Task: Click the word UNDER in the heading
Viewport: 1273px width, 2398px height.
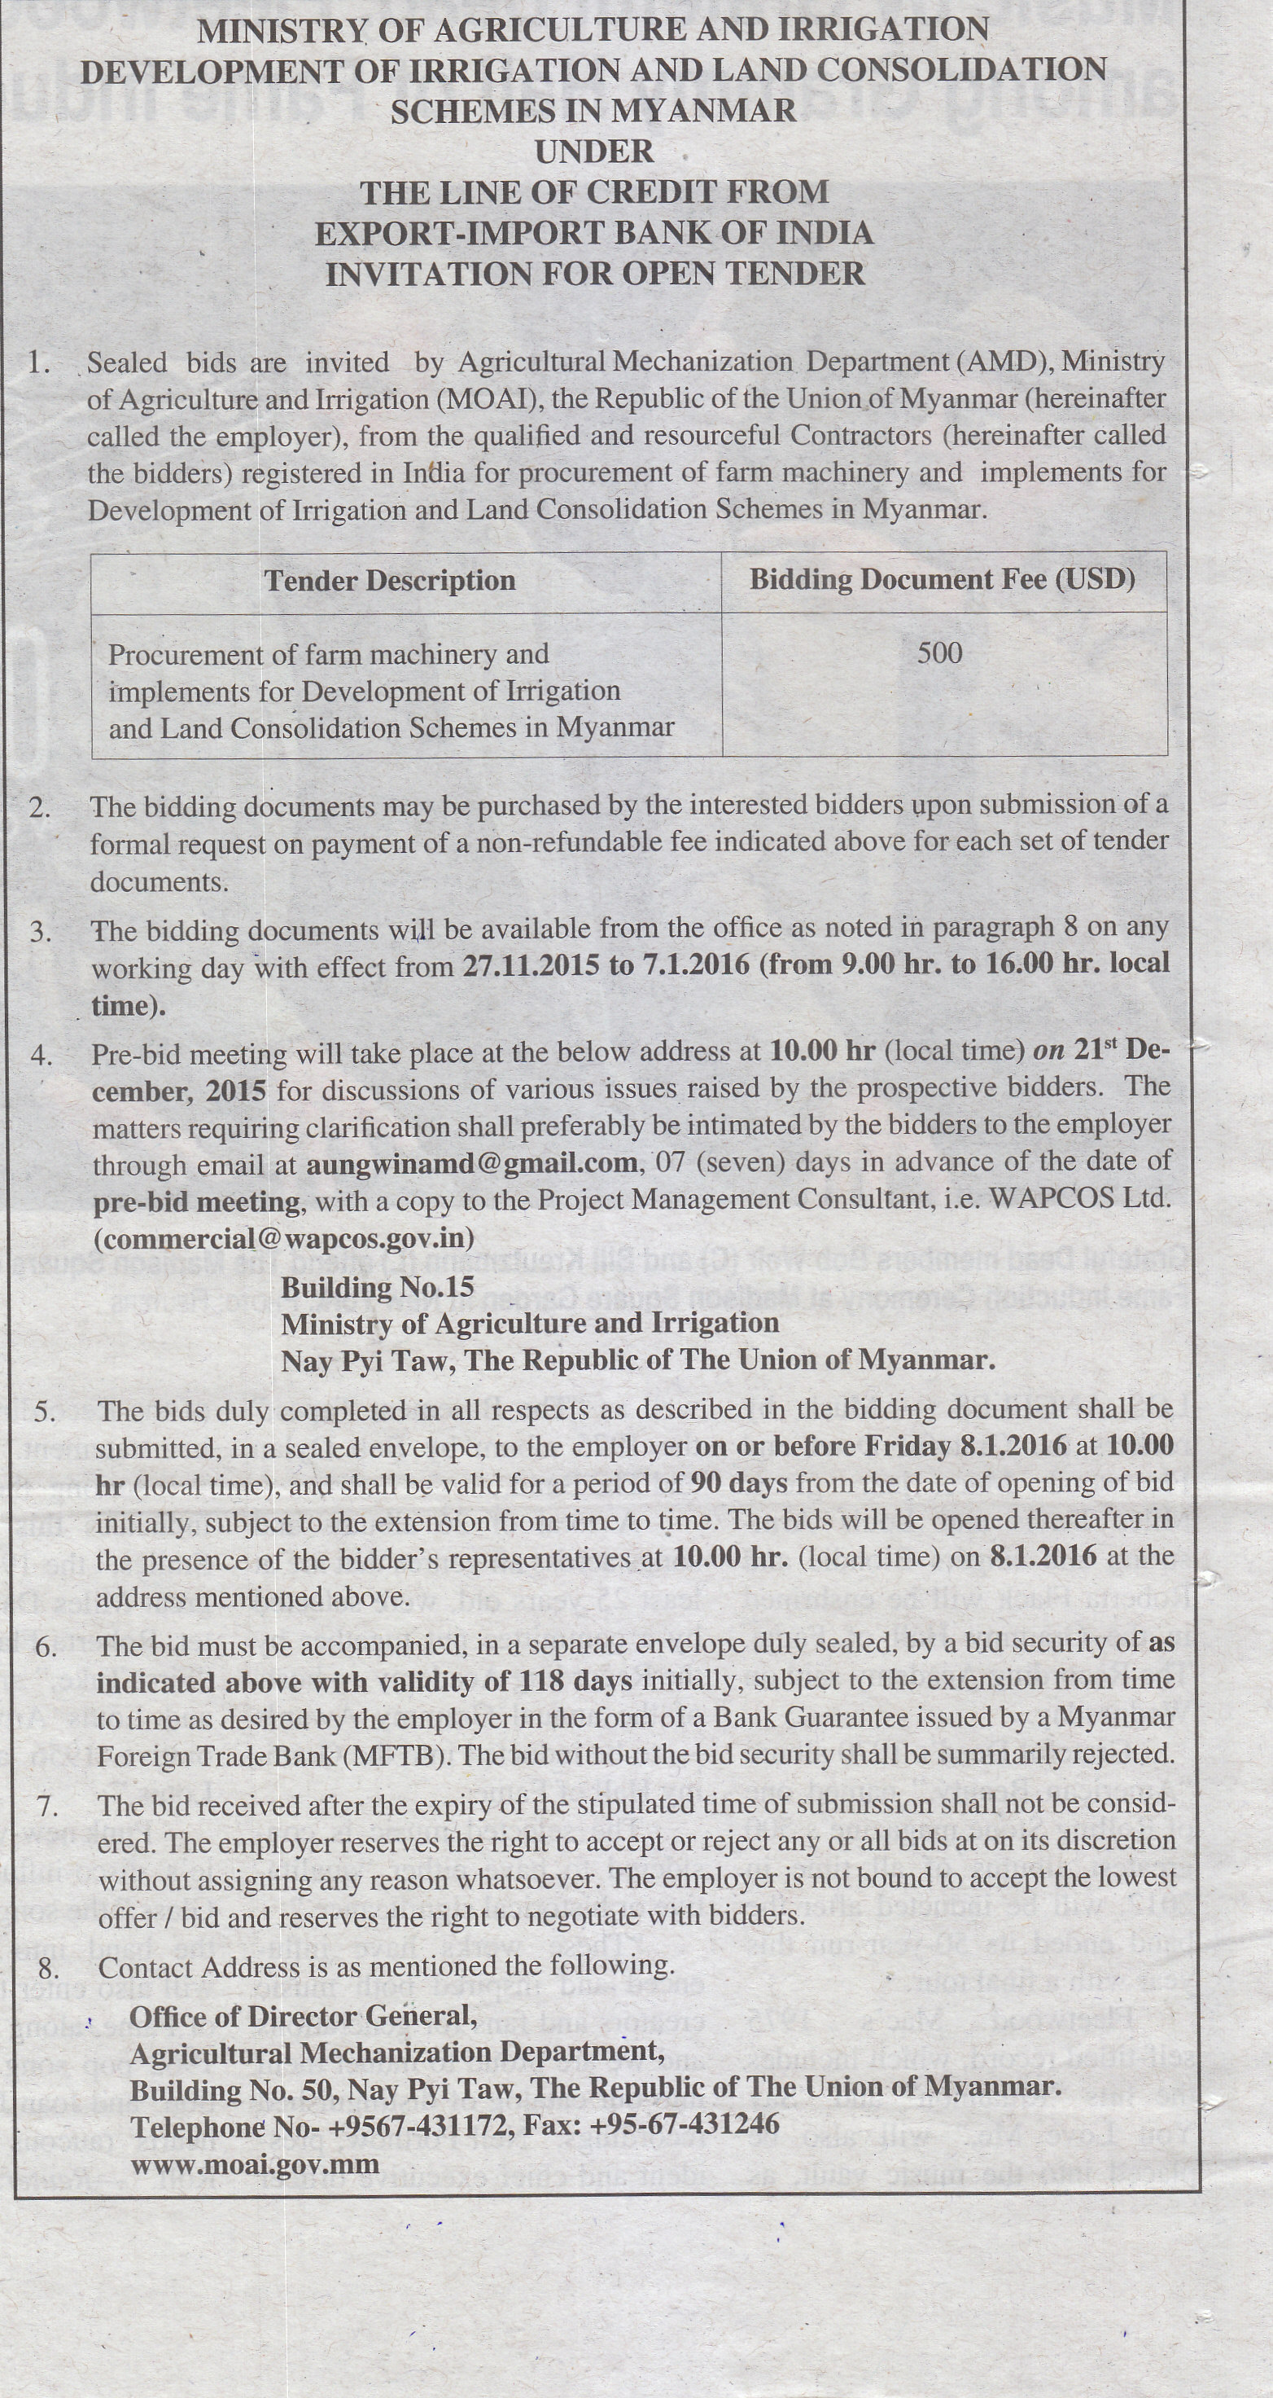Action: [x=593, y=152]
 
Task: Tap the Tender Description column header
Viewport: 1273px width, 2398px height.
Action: [x=389, y=581]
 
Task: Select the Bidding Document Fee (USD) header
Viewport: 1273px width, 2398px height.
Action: [x=942, y=580]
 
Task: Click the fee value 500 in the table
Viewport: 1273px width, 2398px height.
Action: [x=939, y=652]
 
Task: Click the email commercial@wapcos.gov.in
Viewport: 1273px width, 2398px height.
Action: [x=283, y=1239]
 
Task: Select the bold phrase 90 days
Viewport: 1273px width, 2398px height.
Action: [x=738, y=1483]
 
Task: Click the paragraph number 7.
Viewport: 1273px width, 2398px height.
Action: [x=47, y=1806]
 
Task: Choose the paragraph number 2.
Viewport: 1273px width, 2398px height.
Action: [x=39, y=807]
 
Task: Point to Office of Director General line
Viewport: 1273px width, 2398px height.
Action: [x=303, y=2016]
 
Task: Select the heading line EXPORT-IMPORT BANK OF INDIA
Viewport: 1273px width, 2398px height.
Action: [x=593, y=233]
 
